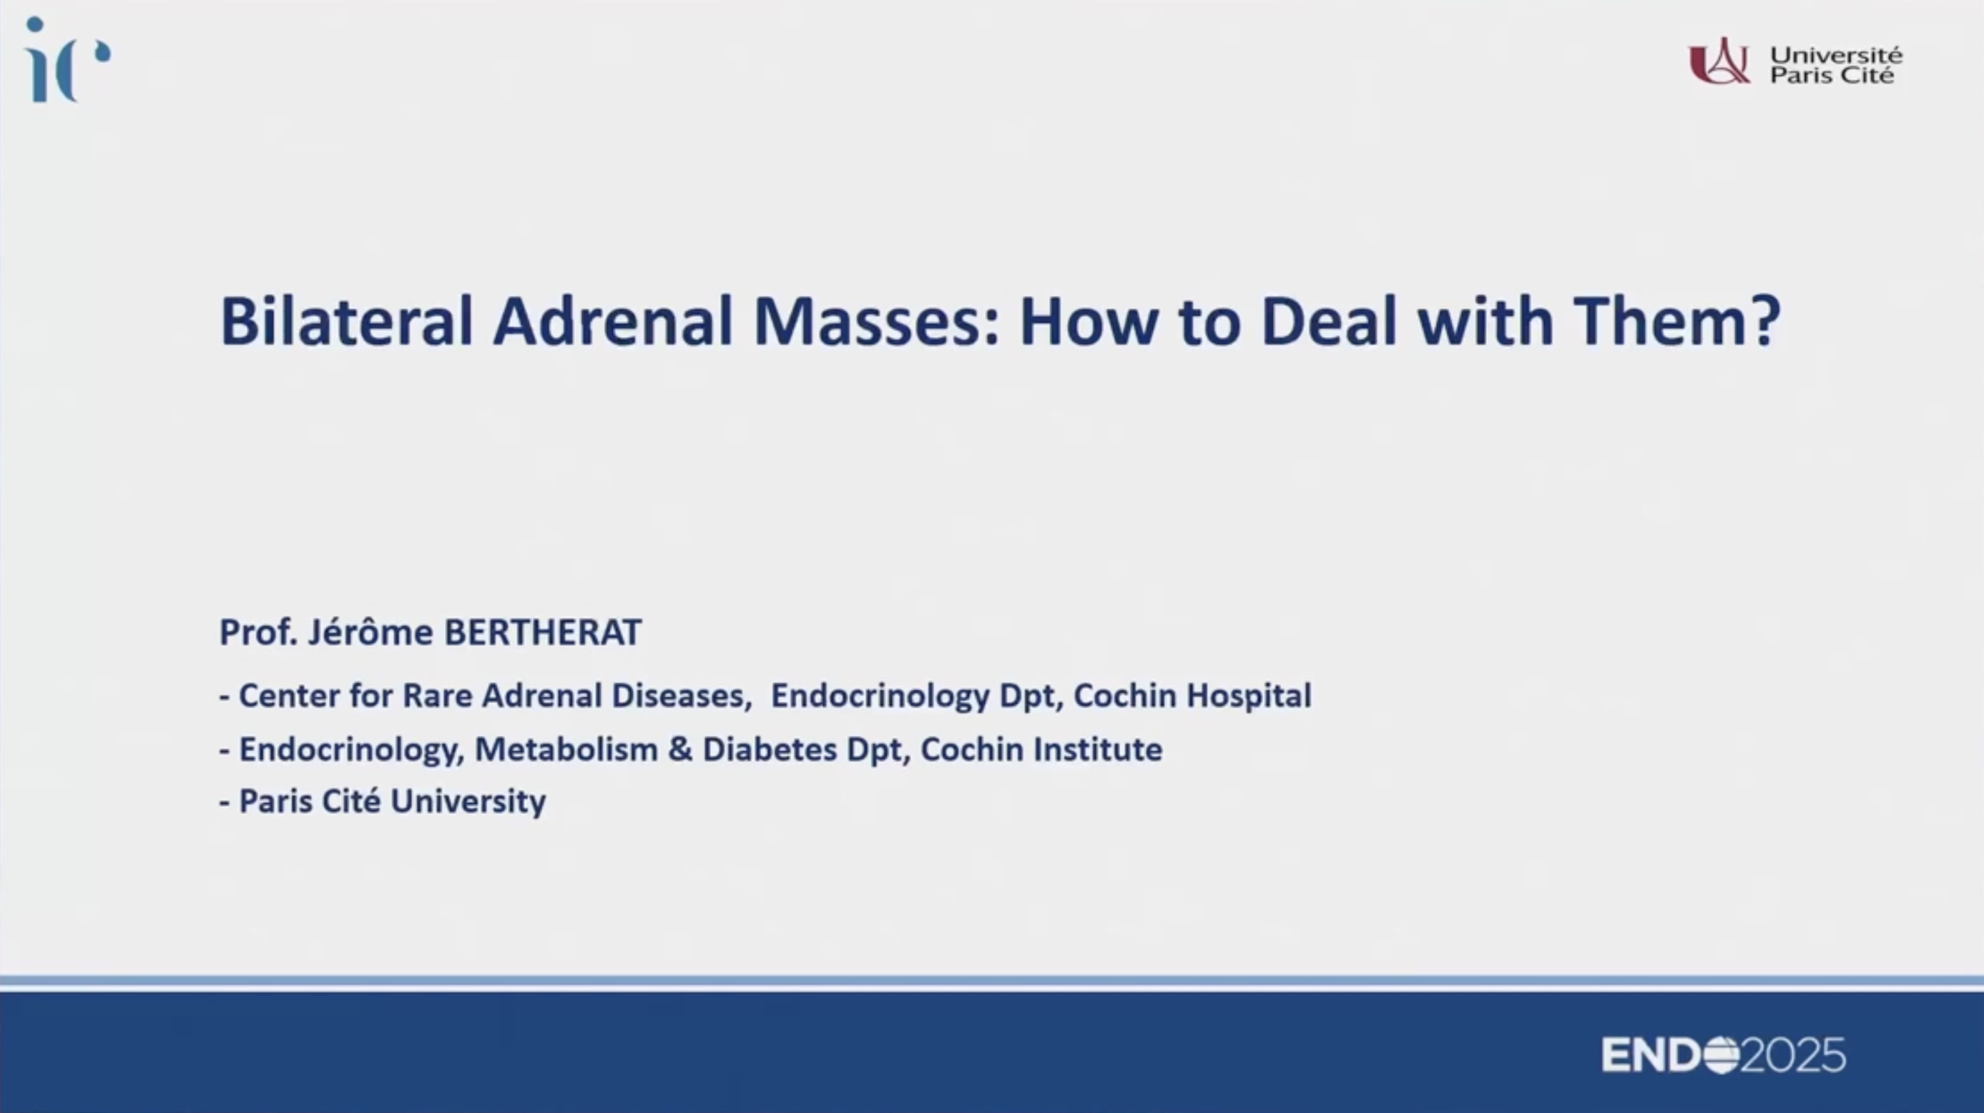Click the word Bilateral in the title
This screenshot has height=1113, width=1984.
(x=346, y=320)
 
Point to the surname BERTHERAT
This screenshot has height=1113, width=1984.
(x=543, y=632)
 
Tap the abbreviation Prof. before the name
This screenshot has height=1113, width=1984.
(x=259, y=632)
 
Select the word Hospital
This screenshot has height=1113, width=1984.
(x=1249, y=695)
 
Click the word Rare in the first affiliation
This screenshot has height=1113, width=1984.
(x=438, y=695)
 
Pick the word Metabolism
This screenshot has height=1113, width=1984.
(x=566, y=750)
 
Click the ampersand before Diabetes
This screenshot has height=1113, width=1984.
(x=680, y=750)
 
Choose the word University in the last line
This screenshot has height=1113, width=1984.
(x=468, y=802)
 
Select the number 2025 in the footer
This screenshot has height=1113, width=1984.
(x=1793, y=1055)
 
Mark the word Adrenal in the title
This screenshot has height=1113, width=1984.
(x=613, y=320)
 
